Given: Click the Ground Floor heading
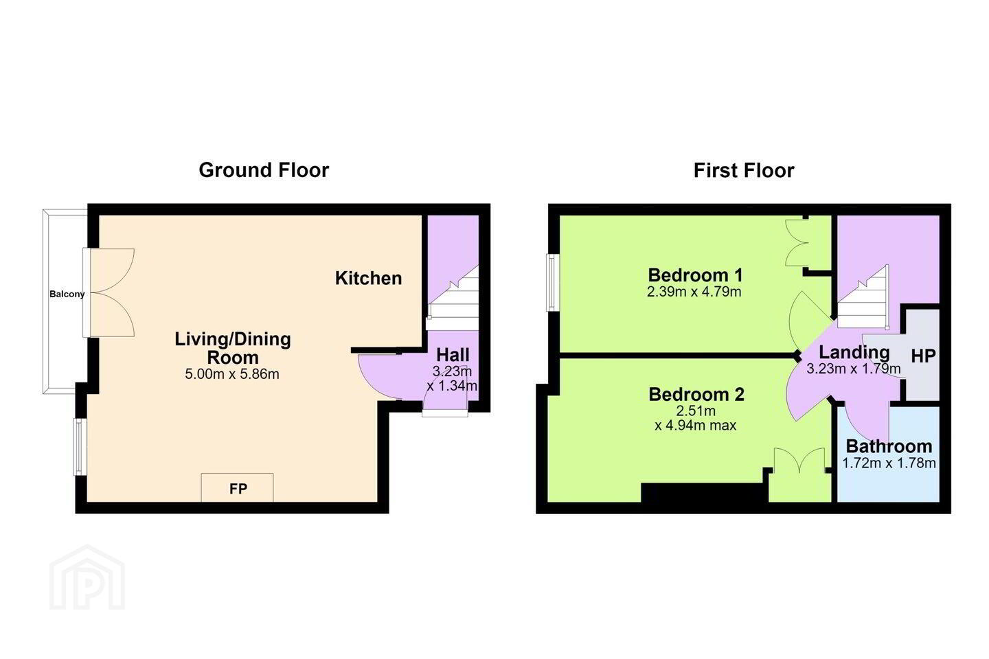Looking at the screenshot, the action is pos(264,170).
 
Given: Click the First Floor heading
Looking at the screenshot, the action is pos(744,170).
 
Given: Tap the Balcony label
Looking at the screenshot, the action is pos(67,294).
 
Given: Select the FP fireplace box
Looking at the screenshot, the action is pos(237,488).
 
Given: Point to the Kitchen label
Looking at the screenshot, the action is pos(368,278).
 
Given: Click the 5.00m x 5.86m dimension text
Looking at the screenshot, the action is pos(232,374).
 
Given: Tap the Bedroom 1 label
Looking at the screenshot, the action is pos(695,275).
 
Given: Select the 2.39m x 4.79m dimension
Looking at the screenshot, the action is pos(694,292).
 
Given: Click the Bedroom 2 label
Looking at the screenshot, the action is pos(696,394).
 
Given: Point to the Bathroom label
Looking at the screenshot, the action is pos(889,446).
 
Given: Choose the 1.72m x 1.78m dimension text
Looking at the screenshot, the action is pos(889,463).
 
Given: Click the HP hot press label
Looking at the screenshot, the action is pos(923,356).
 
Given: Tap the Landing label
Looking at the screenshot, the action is pos(854,353).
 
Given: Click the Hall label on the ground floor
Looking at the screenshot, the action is pos(453,355).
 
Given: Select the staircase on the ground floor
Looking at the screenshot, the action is pos(453,297).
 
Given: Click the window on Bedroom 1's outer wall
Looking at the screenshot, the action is pos(553,283).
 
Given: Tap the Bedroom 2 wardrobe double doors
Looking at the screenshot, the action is pos(799,461).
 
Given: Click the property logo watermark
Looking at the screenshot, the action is pos(87,577).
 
